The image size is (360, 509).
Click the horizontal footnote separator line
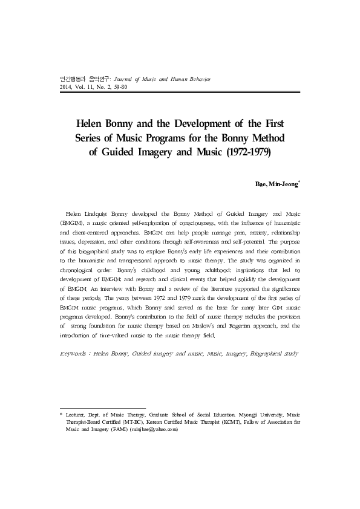point(103,408)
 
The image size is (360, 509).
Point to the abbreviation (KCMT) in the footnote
point(231,423)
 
